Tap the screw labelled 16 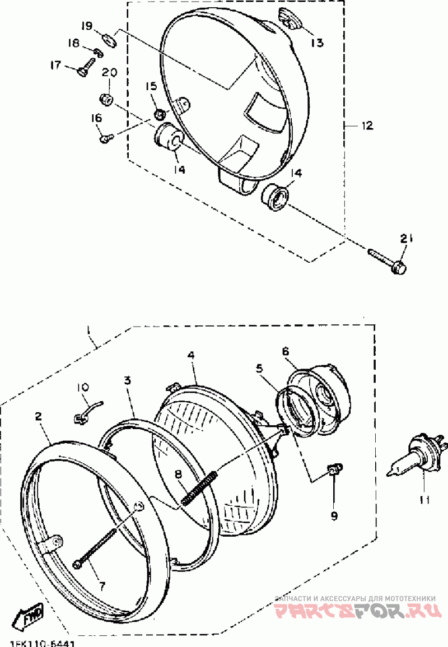106,136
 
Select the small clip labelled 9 334,470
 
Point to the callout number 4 191,355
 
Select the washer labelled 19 109,38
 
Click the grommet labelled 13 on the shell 291,20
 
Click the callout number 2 38,416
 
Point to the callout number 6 285,351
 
